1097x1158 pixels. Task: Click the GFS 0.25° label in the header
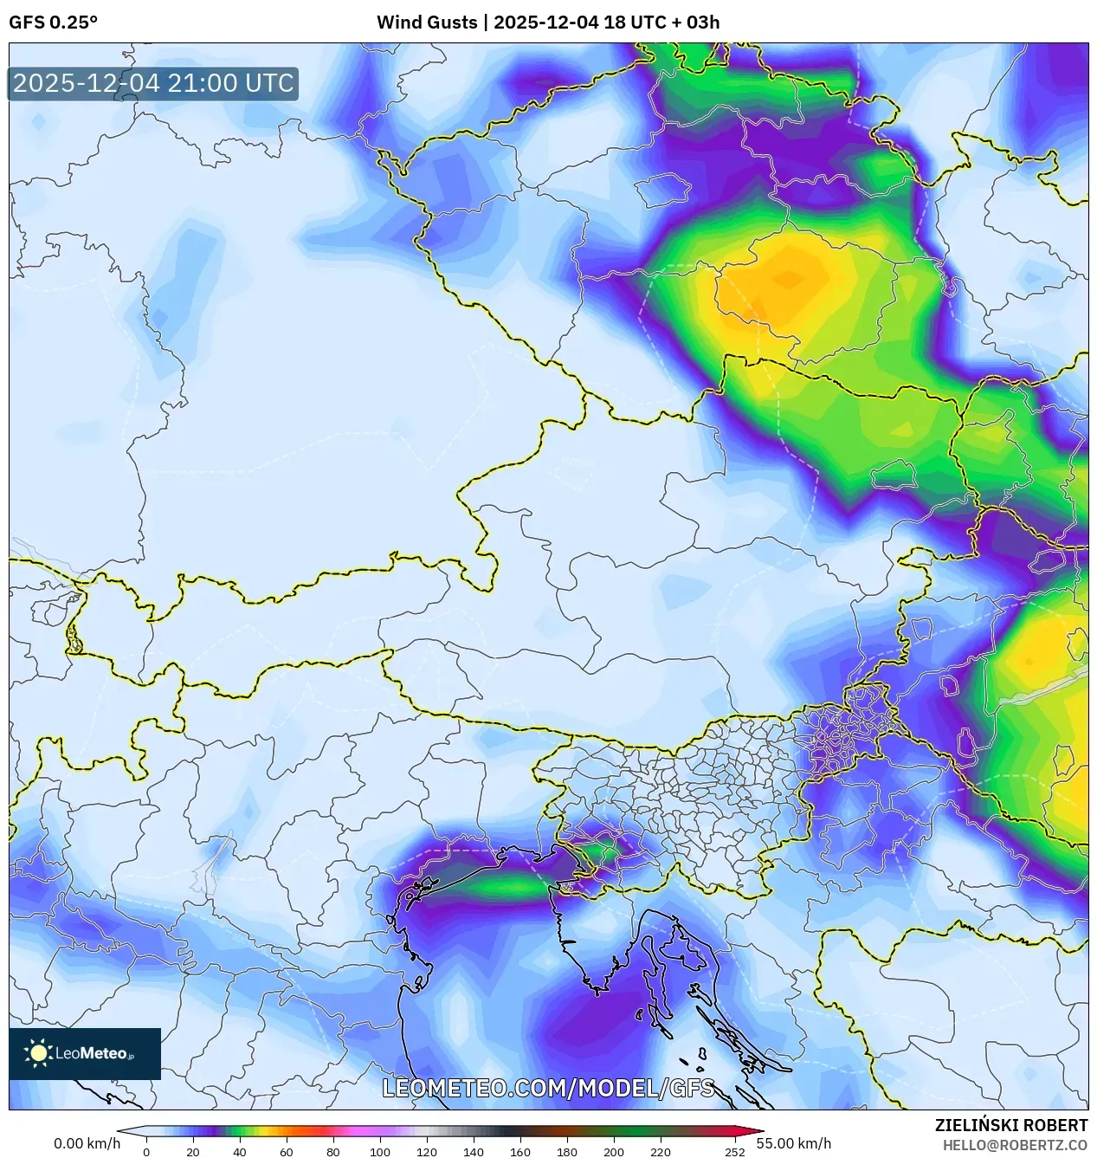[53, 23]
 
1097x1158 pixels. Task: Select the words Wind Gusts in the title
[426, 23]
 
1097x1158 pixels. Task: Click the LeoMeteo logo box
[85, 1053]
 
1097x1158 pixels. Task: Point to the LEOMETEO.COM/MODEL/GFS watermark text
[548, 1088]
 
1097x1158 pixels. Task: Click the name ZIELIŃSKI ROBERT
[1010, 1125]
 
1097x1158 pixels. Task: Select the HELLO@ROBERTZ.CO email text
[1015, 1145]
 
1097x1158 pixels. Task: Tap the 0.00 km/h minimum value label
[87, 1143]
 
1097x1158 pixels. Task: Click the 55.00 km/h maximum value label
[793, 1143]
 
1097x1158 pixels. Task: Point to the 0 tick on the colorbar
[146, 1152]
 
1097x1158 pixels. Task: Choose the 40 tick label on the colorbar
[239, 1152]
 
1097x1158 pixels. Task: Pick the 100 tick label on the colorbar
[379, 1152]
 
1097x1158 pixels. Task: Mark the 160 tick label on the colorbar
[519, 1152]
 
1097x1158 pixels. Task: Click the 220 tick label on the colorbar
[660, 1152]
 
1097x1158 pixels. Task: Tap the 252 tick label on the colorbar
[734, 1152]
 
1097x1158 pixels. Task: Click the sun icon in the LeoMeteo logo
[38, 1053]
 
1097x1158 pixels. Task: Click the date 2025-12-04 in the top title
[545, 23]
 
